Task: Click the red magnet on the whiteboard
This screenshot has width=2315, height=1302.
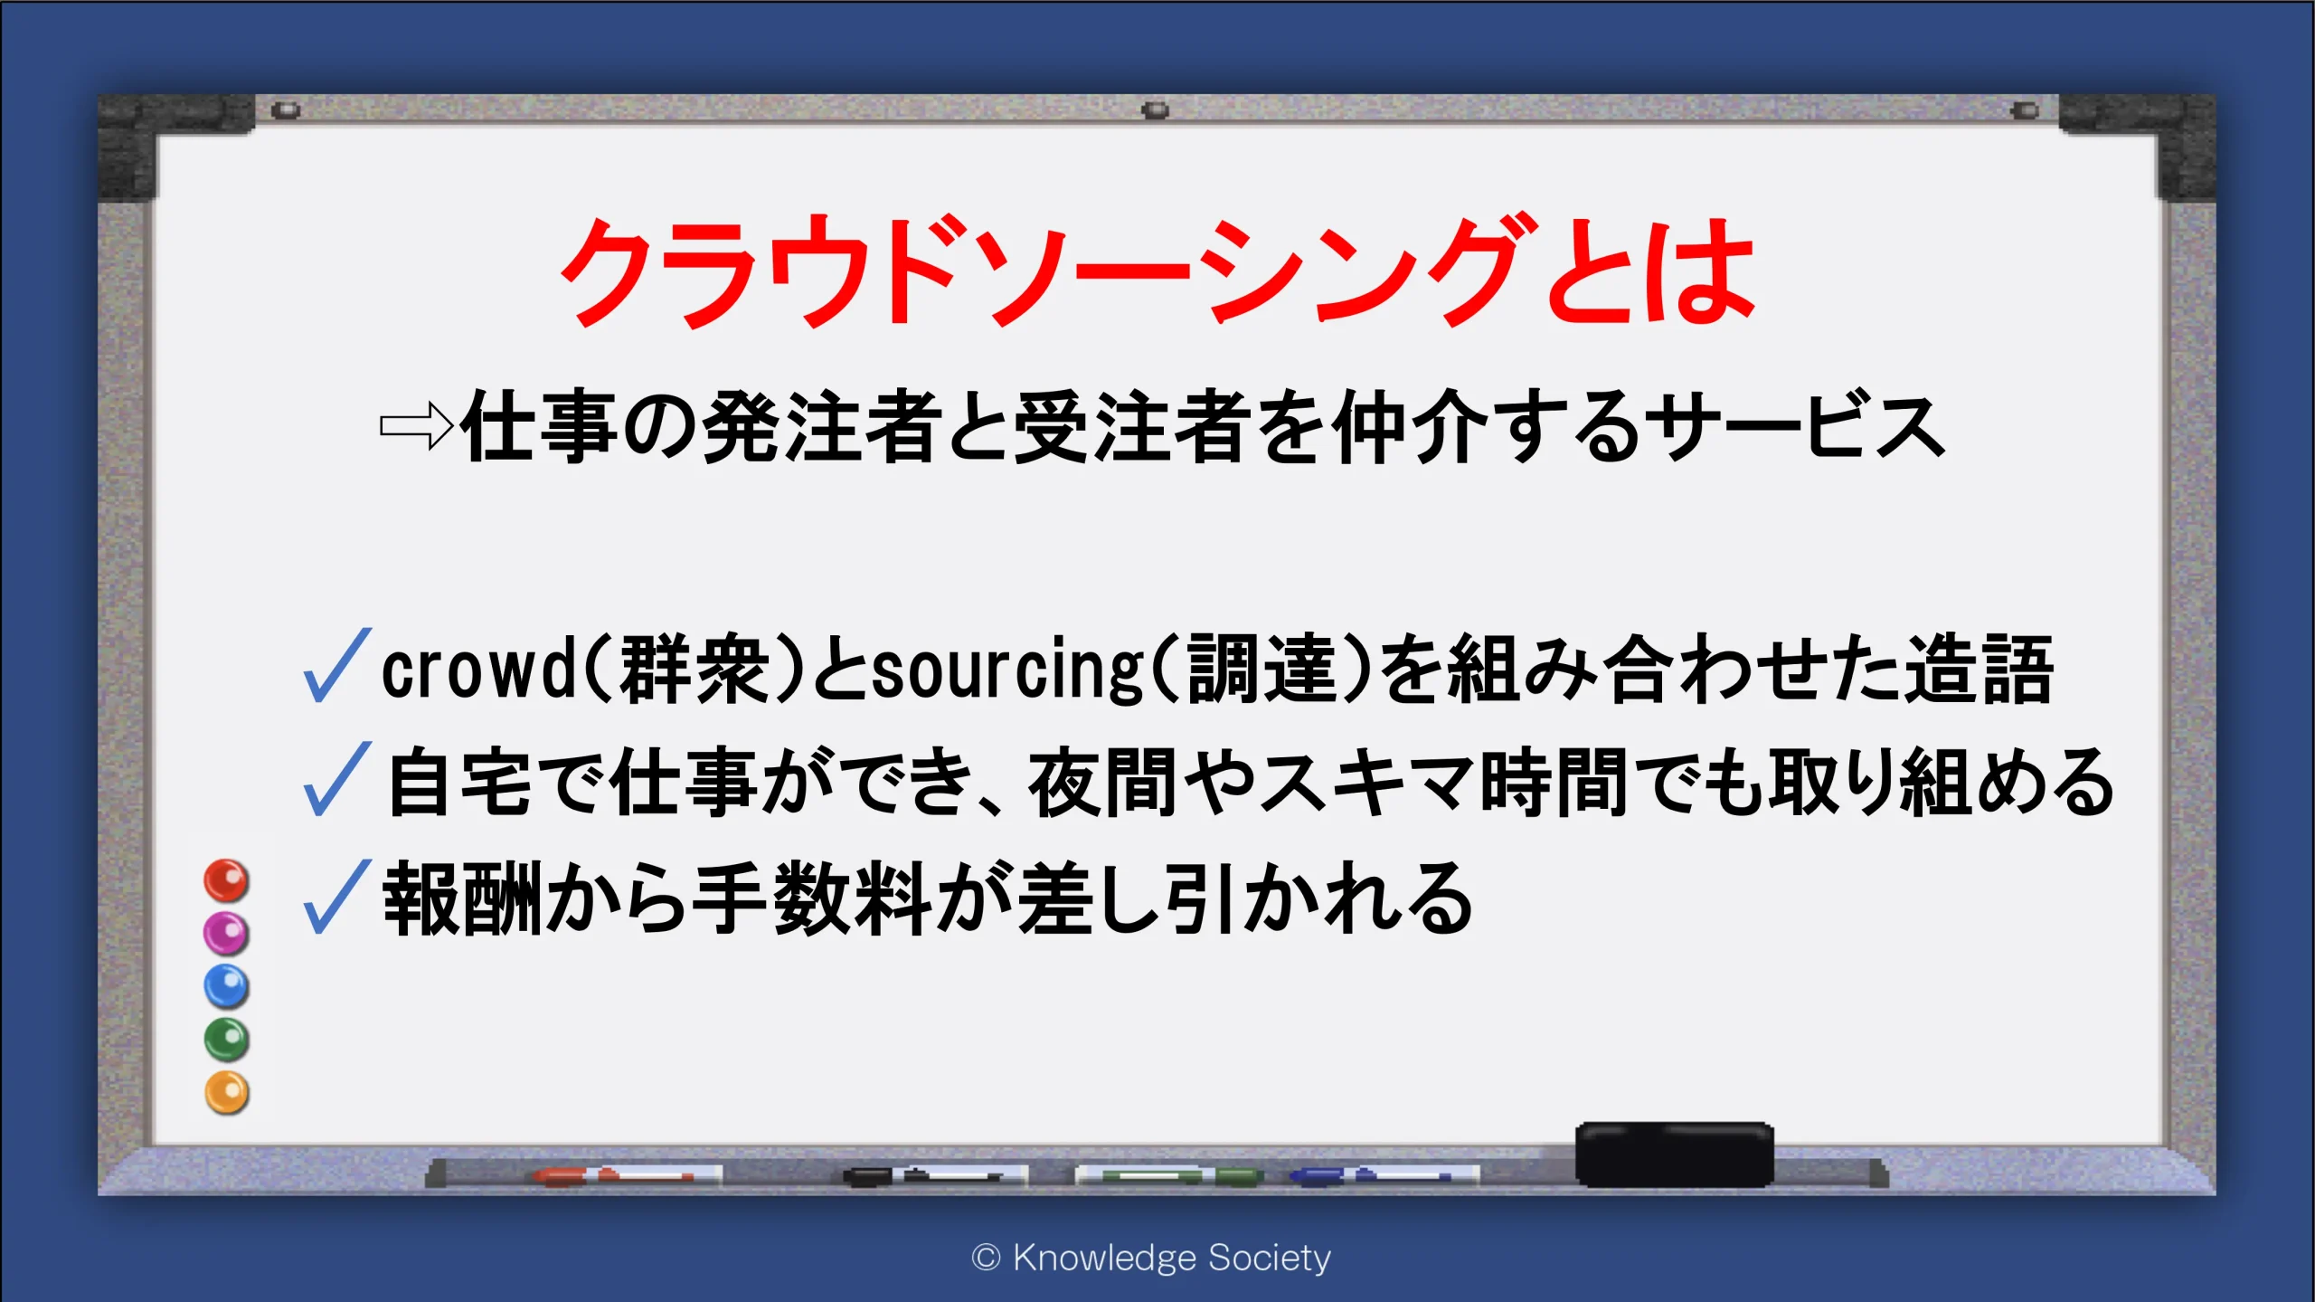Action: (x=226, y=880)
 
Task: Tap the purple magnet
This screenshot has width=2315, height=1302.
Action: (x=226, y=933)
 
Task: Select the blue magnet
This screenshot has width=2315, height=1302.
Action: (x=226, y=986)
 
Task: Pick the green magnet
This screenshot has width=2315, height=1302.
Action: (x=226, y=1040)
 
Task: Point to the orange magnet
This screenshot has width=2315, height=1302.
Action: (x=226, y=1093)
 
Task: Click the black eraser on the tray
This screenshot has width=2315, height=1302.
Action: (x=1674, y=1154)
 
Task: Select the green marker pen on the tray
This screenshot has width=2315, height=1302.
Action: (x=1168, y=1175)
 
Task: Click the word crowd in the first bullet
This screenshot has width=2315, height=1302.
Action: (x=479, y=669)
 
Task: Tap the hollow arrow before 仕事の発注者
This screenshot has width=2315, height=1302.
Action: (x=416, y=425)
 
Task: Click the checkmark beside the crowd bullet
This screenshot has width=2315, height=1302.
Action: (x=337, y=665)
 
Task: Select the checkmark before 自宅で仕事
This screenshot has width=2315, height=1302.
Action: (x=337, y=778)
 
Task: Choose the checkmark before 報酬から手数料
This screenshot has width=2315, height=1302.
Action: (x=337, y=896)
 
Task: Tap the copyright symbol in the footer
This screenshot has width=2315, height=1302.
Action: (x=986, y=1258)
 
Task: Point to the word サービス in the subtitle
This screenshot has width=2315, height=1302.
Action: (x=1795, y=427)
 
